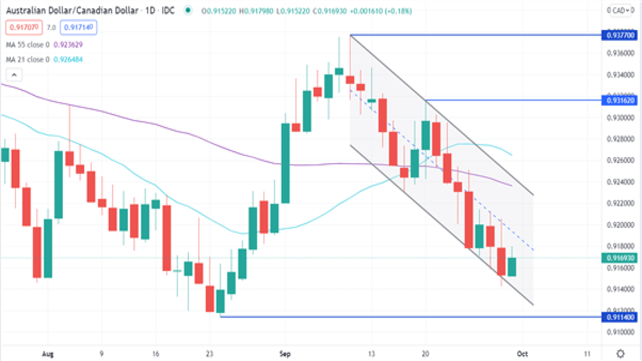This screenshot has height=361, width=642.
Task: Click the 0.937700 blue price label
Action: [620, 35]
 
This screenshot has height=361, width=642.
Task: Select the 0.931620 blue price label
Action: [620, 100]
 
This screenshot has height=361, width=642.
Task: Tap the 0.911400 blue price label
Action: [620, 317]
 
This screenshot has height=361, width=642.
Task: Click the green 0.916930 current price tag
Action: [620, 258]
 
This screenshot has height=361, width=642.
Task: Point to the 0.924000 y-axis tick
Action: [620, 182]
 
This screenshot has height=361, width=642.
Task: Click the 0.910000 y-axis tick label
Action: [620, 332]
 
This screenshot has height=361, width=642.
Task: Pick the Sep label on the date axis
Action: [285, 354]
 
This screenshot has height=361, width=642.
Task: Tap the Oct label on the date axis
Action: [522, 354]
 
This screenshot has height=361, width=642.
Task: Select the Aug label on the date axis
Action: [48, 354]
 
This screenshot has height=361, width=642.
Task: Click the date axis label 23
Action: [209, 354]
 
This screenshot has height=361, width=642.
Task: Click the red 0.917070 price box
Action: [24, 27]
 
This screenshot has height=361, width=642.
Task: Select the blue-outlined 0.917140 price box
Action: [79, 27]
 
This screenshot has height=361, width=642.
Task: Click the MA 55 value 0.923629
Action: [68, 45]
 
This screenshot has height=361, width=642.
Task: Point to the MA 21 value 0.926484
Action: [68, 59]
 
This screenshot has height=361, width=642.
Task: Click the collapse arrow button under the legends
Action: [14, 75]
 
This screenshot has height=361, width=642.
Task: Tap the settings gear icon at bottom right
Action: [620, 354]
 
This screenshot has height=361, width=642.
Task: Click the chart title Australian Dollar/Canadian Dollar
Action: [72, 10]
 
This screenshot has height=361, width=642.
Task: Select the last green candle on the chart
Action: [512, 267]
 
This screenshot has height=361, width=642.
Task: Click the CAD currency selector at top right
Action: [620, 10]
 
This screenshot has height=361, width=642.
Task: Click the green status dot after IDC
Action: [187, 10]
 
